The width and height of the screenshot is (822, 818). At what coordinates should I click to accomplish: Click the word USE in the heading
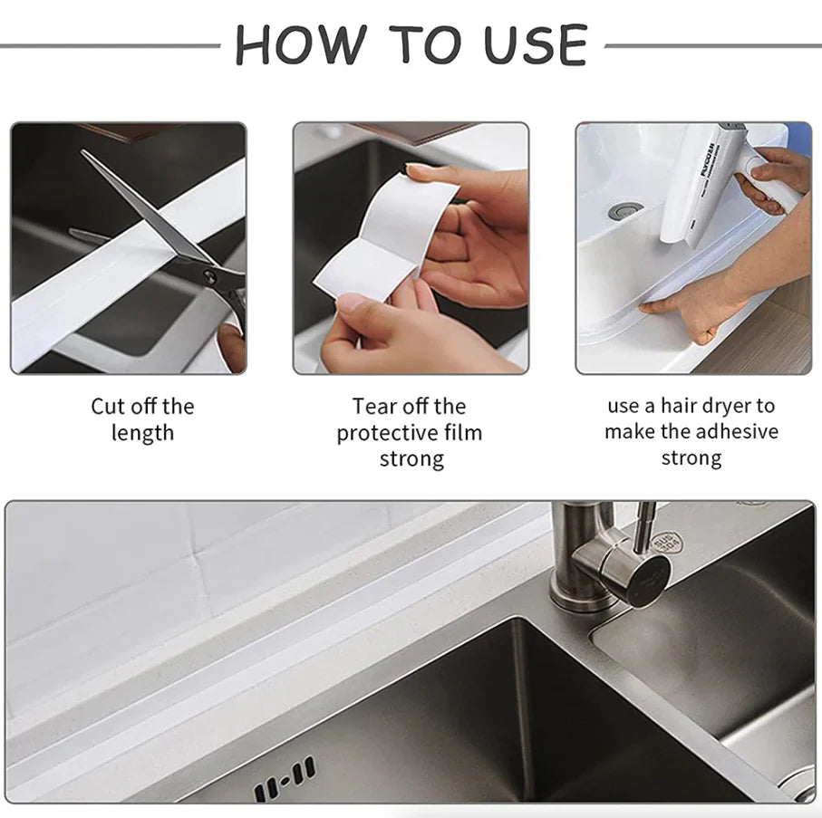point(536,44)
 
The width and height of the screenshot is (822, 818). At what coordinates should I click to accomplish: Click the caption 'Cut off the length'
point(142,419)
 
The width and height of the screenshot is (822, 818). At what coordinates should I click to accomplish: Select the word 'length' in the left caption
point(142,432)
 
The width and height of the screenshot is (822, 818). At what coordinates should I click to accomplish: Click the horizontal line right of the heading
point(711,44)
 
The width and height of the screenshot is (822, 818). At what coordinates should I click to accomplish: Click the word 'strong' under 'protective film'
point(411,458)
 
